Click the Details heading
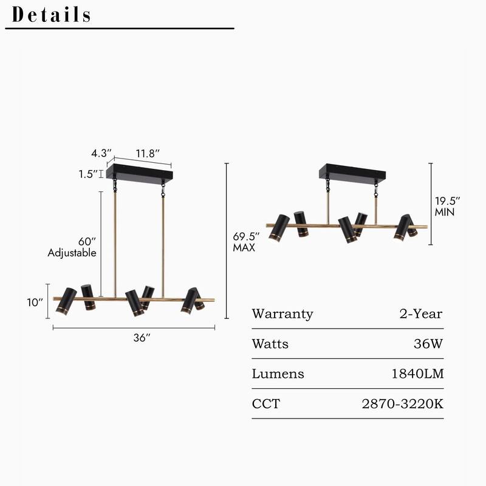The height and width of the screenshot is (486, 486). point(51,15)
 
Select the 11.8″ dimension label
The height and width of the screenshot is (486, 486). point(148,153)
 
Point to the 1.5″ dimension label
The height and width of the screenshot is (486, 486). point(87,174)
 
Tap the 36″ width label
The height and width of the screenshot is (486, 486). point(142,338)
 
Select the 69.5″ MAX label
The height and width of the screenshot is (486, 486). point(246,242)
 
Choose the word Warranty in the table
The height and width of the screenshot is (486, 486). point(282,314)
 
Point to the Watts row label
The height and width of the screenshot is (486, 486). point(270,344)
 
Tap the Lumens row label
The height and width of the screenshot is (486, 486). point(278,374)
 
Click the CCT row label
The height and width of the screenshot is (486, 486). point(266,403)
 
